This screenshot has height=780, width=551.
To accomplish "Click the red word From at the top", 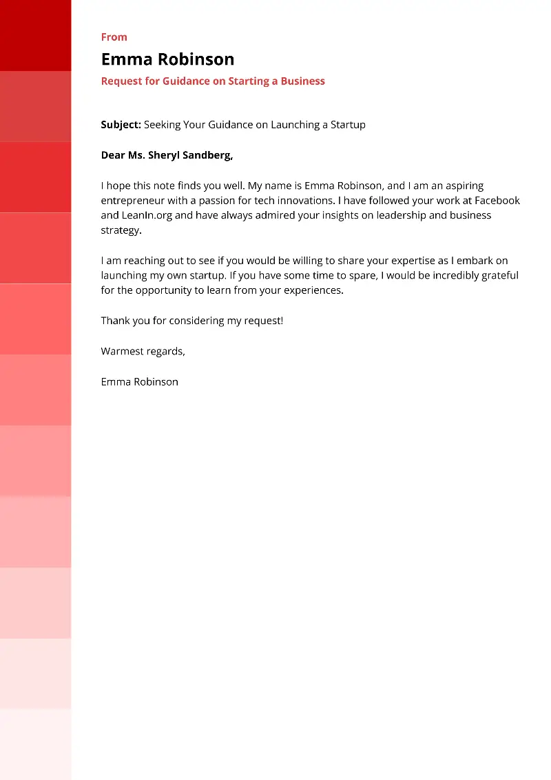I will coord(114,37).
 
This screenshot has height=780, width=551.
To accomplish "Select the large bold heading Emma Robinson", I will coord(167,59).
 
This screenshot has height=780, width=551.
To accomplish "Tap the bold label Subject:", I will coord(121,125).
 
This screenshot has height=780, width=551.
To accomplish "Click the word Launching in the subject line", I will coord(293,125).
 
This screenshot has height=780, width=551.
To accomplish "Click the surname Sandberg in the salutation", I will coord(207,155).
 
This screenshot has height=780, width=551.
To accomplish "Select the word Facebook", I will coord(497,201).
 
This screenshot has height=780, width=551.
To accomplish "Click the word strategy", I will coord(121,230).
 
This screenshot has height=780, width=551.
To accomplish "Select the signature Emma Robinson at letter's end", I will coord(139,381).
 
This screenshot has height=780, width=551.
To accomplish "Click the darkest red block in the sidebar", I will coord(35,35).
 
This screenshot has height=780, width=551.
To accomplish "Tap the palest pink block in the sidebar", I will coord(35,745).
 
